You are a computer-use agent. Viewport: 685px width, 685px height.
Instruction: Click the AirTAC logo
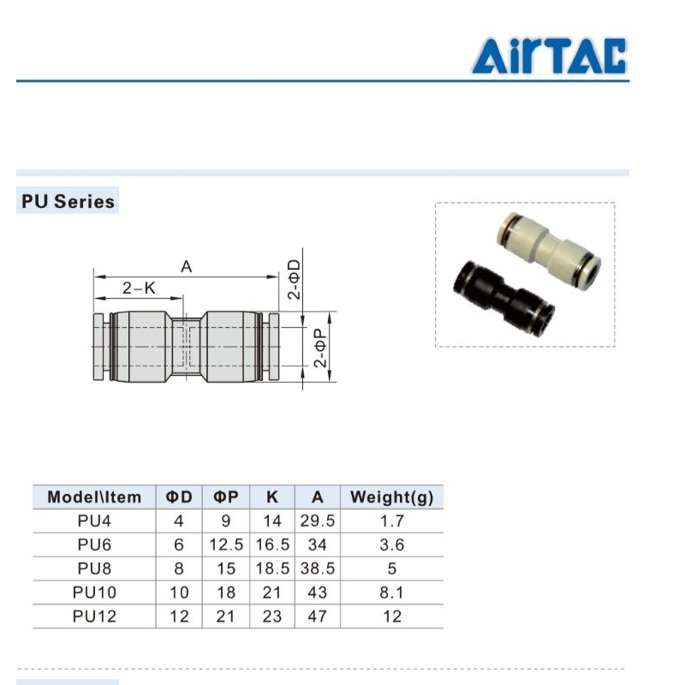tap(549, 56)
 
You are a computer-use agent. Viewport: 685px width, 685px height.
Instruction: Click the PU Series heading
tap(68, 201)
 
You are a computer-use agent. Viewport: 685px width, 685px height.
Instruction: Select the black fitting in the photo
tap(504, 298)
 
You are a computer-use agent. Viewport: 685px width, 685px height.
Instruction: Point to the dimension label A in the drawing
tap(187, 266)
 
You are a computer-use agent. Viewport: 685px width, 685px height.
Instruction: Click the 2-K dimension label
tap(139, 289)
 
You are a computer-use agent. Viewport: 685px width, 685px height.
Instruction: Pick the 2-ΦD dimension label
tap(294, 279)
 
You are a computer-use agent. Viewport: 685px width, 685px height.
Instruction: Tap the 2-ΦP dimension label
tap(320, 348)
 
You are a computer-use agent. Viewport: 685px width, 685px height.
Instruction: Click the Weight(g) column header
tap(391, 497)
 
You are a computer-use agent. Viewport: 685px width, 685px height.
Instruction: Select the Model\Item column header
tap(94, 497)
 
